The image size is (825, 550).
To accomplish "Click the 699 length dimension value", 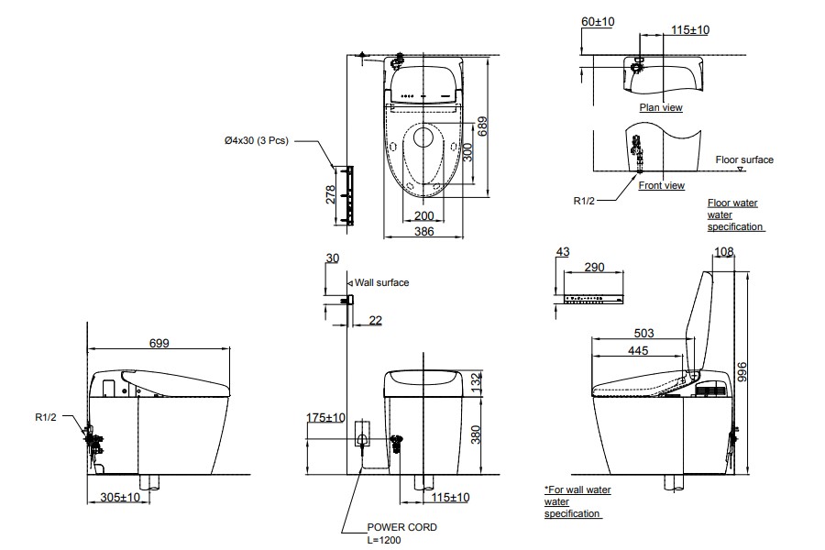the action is click(159, 343).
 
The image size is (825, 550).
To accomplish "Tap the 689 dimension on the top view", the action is click(482, 126).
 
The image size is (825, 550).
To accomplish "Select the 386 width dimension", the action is click(424, 232).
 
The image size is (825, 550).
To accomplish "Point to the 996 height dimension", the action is click(741, 371).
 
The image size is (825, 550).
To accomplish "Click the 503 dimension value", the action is click(643, 333).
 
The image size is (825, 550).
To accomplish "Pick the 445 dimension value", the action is click(638, 350).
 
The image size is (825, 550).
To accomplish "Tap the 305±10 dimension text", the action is click(120, 498).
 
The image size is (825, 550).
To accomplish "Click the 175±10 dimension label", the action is click(325, 418).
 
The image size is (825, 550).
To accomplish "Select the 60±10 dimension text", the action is click(598, 22).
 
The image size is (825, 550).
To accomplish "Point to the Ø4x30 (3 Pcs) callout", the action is click(257, 140).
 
